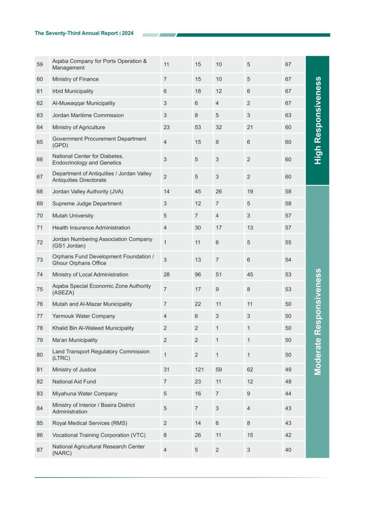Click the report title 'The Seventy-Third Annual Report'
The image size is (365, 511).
76,33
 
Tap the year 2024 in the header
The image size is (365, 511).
128,33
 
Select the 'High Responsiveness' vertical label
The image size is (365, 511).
318,120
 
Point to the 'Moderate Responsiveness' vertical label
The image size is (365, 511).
318,322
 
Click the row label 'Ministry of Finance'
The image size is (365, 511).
75,79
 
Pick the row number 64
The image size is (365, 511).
40,127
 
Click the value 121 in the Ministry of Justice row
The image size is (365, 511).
199,370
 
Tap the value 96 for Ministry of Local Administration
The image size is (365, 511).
198,275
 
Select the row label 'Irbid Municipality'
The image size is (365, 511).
73,91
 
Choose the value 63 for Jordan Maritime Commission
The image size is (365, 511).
288,115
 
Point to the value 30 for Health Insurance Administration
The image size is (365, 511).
198,228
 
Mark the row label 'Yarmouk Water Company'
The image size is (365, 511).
84,316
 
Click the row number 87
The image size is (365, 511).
40,450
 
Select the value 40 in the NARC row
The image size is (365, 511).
288,450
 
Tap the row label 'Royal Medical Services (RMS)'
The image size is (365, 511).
90,423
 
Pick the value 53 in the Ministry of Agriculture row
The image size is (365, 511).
198,127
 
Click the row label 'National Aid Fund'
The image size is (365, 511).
74,382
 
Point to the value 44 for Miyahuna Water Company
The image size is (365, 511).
288,394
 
